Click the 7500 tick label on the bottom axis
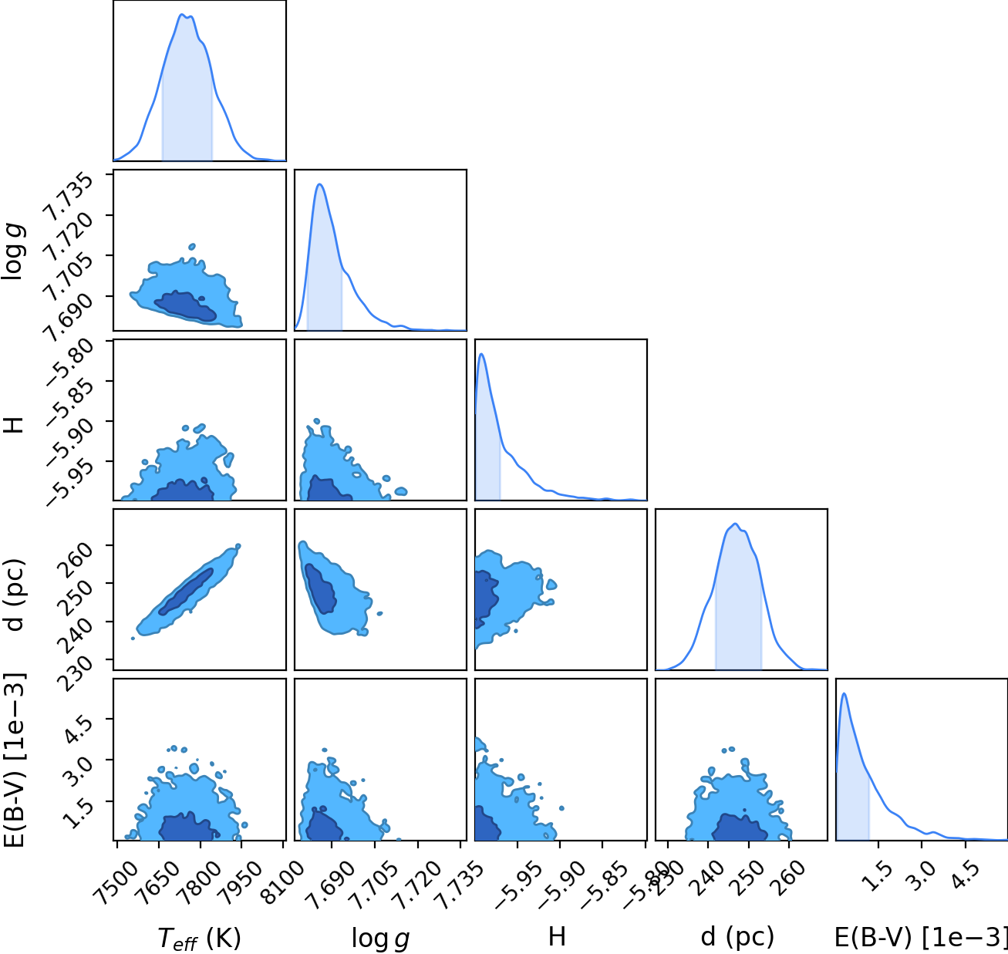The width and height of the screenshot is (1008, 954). point(116,877)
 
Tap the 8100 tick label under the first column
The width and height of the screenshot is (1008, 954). point(283,877)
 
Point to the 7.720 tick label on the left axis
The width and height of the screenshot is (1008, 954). point(69,237)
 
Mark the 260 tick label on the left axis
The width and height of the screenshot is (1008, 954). point(77,558)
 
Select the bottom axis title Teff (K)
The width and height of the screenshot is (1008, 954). point(199,938)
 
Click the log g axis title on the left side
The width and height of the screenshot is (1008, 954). point(12,252)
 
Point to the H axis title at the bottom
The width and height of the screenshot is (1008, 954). point(557,936)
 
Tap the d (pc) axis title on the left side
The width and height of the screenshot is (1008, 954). point(14,594)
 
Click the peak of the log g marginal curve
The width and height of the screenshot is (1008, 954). point(320,184)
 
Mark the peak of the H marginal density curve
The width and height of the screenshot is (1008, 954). point(481,354)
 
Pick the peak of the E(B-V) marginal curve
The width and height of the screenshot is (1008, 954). point(844,693)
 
